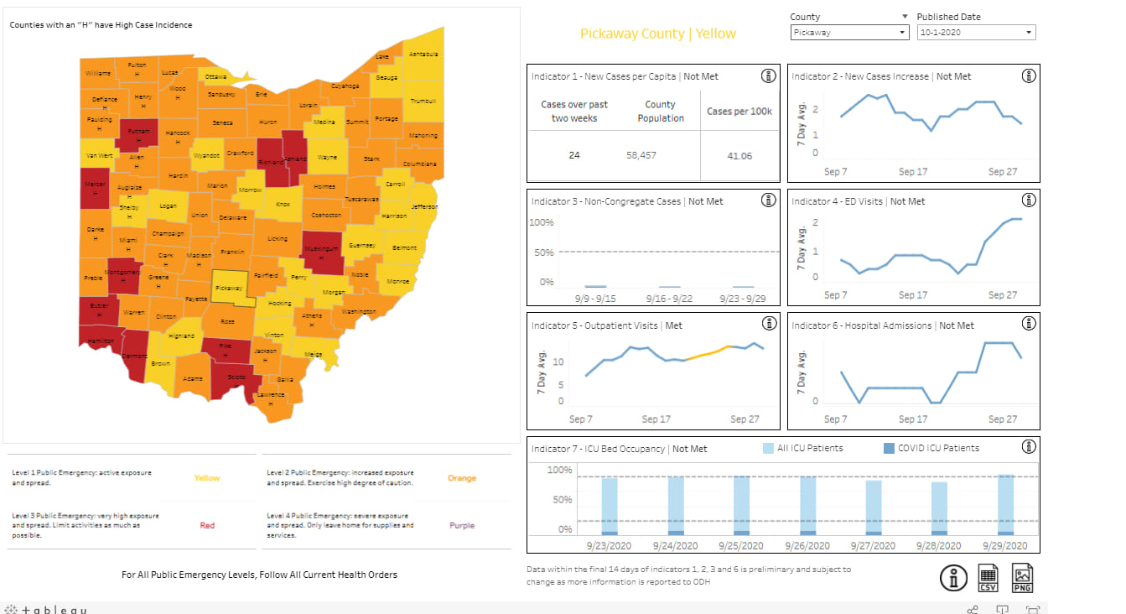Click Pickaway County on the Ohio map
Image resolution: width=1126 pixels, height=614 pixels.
point(230,288)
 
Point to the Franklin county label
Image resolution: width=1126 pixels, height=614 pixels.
point(232,252)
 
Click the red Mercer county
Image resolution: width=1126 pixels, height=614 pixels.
point(96,190)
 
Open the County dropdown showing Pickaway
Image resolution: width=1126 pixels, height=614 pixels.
point(849,33)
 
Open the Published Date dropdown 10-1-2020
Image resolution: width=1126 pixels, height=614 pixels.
point(976,33)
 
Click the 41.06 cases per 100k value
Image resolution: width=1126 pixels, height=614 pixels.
point(739,156)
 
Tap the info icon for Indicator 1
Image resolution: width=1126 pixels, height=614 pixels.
point(768,76)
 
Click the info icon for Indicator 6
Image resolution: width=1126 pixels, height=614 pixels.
point(1028,325)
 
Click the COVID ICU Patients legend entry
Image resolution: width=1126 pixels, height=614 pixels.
point(931,448)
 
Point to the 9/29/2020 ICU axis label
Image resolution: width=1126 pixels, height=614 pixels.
point(1005,545)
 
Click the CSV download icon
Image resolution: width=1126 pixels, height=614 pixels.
point(988,577)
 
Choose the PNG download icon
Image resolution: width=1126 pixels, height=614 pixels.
point(1023,577)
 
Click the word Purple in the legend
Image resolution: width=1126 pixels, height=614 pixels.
point(462,526)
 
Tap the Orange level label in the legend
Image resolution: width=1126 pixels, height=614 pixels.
point(462,479)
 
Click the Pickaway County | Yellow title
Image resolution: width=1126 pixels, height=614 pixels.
point(658,34)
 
